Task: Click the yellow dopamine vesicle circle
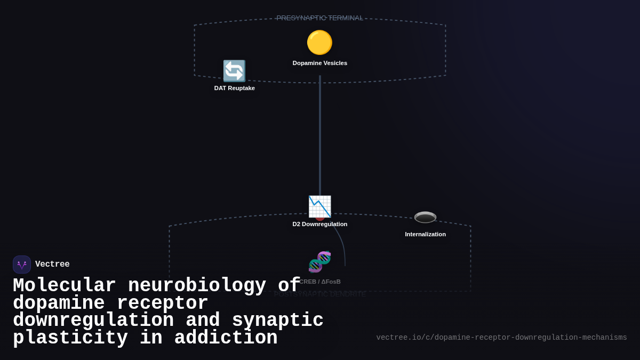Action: tap(319, 43)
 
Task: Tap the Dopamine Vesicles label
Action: tap(319, 63)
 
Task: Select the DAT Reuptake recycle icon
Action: tap(234, 71)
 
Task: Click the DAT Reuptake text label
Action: tap(234, 88)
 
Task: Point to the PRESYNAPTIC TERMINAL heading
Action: tap(319, 18)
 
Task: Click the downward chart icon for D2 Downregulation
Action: tap(319, 206)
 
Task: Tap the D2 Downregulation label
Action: tap(319, 224)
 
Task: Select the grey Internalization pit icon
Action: tap(425, 217)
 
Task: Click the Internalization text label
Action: tap(425, 234)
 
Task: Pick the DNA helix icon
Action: tap(319, 262)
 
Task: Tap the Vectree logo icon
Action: tap(22, 265)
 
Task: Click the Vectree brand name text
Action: tap(52, 264)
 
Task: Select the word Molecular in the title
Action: tap(64, 285)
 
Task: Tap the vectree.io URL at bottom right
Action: tap(501, 338)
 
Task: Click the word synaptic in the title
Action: tap(277, 321)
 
